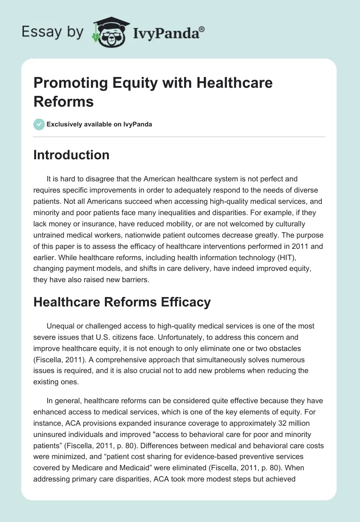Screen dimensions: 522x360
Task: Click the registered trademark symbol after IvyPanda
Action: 202,29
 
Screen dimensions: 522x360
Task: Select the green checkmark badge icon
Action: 39,124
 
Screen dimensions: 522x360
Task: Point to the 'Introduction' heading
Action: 72,155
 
